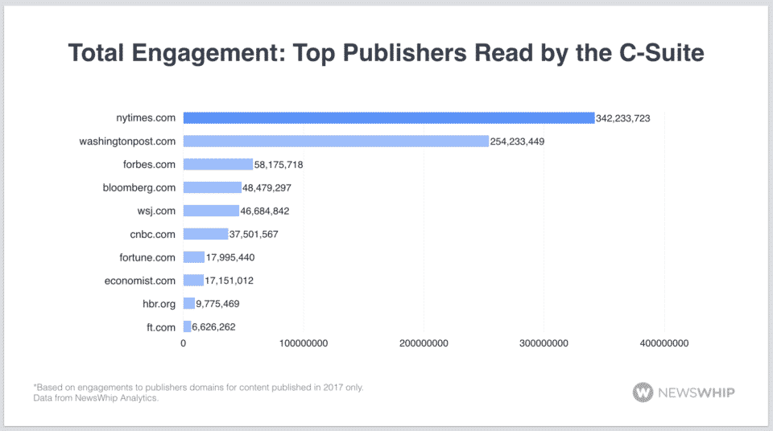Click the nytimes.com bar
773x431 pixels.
[388, 118]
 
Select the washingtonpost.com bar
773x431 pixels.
[336, 142]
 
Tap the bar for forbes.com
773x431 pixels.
[217, 165]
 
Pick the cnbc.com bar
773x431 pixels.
[205, 234]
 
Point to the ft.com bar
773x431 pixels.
[187, 326]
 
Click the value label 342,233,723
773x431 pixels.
[622, 118]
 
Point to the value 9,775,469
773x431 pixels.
[217, 304]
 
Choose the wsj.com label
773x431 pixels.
[156, 211]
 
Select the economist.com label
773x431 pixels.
[140, 281]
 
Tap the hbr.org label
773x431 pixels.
[157, 304]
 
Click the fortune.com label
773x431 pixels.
[147, 257]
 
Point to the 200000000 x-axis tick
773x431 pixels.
[424, 343]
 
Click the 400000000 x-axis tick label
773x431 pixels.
[663, 343]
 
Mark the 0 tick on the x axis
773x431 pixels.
[184, 343]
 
